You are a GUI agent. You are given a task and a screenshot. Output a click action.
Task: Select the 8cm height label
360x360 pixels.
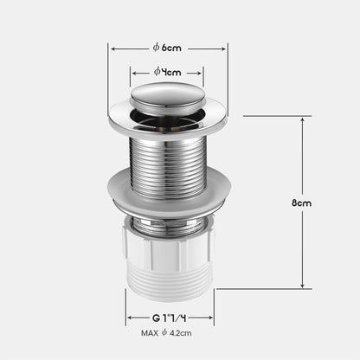[x=301, y=202]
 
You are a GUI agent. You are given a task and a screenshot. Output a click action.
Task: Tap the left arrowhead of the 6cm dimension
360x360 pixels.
[x=112, y=48]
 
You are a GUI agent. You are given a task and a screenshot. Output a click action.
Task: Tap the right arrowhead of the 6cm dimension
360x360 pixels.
[x=225, y=48]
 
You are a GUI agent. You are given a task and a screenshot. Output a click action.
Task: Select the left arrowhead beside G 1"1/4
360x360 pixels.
[x=129, y=318]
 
